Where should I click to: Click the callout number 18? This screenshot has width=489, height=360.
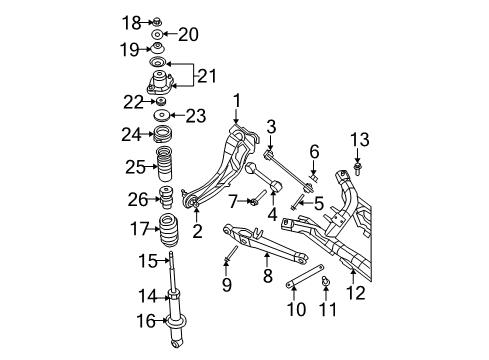click(131, 21)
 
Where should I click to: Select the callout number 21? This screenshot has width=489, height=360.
click(207, 76)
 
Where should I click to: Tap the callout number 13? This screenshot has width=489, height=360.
click(362, 138)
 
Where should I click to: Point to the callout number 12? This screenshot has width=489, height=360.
click(356, 293)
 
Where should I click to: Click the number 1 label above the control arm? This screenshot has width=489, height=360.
click(238, 100)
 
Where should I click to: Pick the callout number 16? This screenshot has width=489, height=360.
click(145, 321)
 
